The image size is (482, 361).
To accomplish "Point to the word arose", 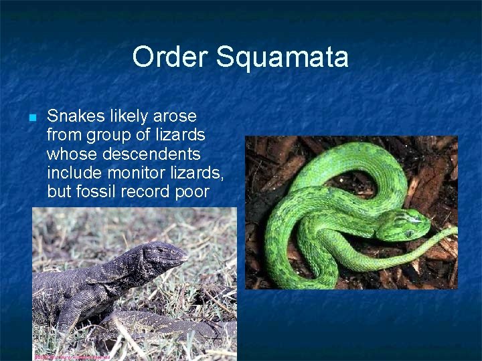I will [175, 116].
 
